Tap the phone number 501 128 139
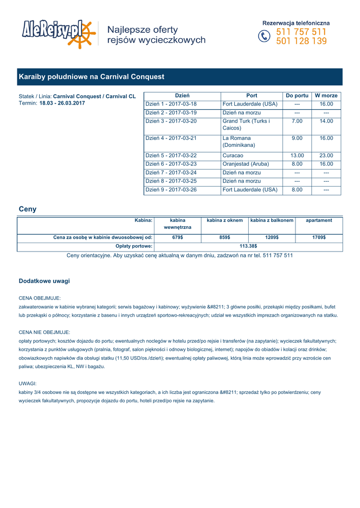(301, 41)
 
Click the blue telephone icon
(265, 37)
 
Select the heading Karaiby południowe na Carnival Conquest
(91, 77)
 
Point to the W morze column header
(326, 95)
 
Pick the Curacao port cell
(233, 155)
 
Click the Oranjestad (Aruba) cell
(246, 164)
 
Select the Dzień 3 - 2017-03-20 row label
(171, 121)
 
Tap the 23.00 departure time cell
(326, 155)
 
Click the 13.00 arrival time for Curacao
(297, 155)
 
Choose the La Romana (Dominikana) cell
(239, 142)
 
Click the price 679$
(178, 238)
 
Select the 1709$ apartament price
(319, 238)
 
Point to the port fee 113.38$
(248, 246)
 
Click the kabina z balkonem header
(272, 220)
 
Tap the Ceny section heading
(27, 209)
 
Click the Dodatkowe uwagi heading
(44, 281)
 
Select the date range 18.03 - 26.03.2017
(62, 103)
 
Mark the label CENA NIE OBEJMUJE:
(44, 332)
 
